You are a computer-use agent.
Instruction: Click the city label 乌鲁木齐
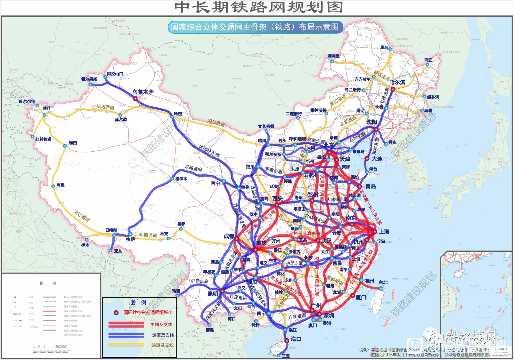click(143, 92)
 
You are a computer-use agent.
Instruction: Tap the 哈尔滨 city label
click(397, 82)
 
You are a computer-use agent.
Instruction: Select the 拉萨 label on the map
click(130, 239)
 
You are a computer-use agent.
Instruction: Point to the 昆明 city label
click(213, 293)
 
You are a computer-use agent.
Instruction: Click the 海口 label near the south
click(296, 339)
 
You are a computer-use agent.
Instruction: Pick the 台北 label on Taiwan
click(383, 282)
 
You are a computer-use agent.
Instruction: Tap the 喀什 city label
click(47, 108)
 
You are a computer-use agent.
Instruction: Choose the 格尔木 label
click(181, 179)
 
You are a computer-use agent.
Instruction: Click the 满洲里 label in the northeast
click(333, 56)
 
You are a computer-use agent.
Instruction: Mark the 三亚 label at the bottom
click(286, 356)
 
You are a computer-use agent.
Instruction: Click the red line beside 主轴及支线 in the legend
click(126, 324)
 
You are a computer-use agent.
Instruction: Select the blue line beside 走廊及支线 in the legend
click(126, 335)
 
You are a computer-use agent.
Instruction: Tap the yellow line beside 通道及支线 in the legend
click(126, 345)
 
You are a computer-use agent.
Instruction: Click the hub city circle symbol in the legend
click(116, 313)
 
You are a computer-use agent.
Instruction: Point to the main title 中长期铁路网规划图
click(259, 7)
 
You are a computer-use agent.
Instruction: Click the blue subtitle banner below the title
click(255, 27)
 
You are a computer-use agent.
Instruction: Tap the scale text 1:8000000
click(60, 347)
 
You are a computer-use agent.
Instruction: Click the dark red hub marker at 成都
click(237, 238)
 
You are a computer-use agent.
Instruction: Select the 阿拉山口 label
click(115, 74)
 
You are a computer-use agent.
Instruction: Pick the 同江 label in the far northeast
click(428, 60)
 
